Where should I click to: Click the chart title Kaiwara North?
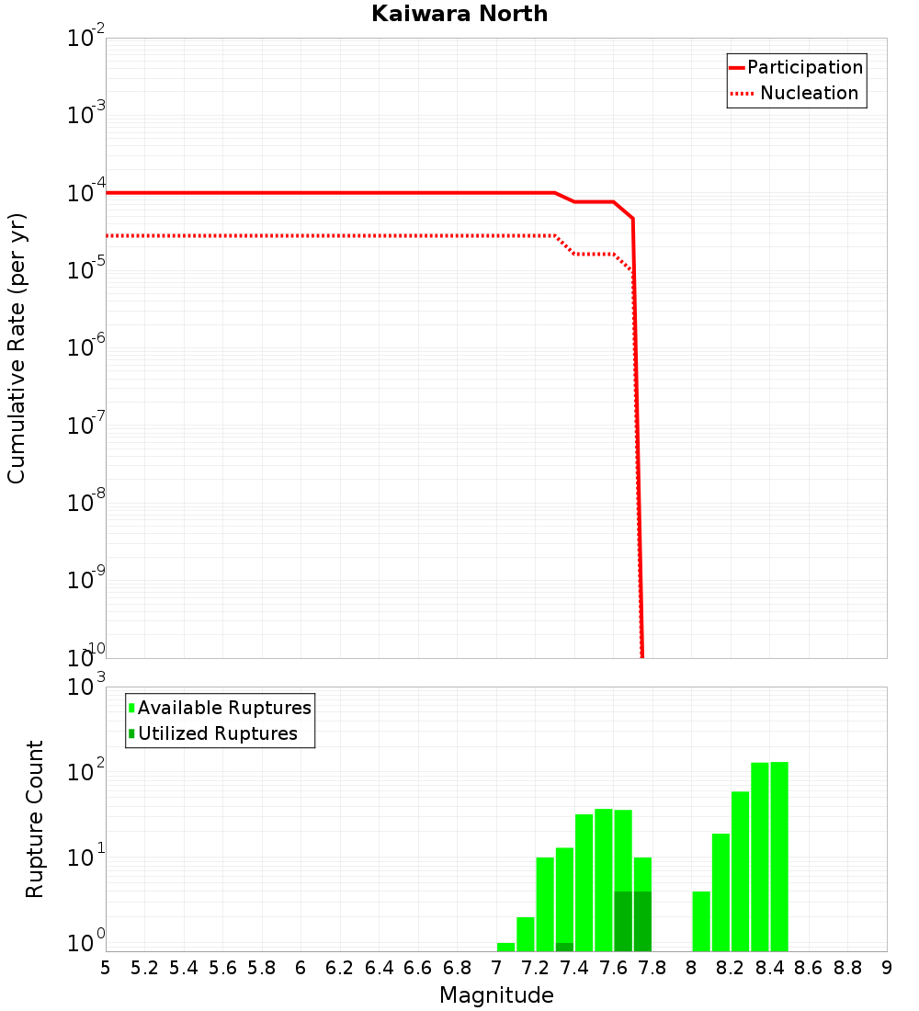459,14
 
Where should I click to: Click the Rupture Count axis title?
35,819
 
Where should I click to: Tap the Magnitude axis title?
496,995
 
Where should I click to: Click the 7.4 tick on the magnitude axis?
574,968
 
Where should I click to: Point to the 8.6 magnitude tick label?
809,968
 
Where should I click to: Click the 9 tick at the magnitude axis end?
887,968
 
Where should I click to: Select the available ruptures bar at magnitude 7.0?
505,947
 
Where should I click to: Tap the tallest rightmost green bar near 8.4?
779,856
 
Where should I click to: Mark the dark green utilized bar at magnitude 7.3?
564,947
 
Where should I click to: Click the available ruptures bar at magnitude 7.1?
526,934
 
